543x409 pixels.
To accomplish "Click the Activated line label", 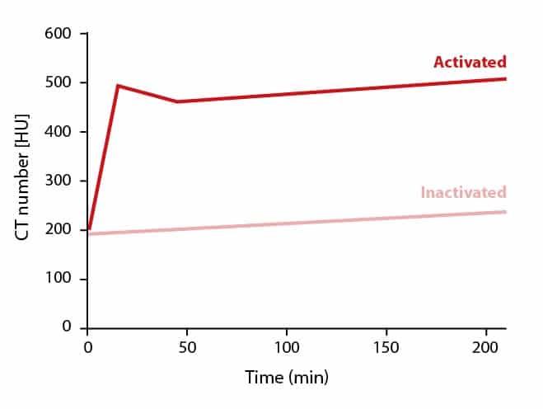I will click(470, 62).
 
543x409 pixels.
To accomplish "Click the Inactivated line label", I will click(463, 193).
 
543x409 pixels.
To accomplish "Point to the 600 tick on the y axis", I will click(61, 34).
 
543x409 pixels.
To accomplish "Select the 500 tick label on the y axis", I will click(61, 82).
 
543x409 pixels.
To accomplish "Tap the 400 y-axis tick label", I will click(61, 132).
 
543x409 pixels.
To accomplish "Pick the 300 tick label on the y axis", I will click(61, 181).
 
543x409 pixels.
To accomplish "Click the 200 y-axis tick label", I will click(61, 230).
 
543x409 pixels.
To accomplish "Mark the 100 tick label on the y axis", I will click(61, 279).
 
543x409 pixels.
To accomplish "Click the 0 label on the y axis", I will click(68, 327).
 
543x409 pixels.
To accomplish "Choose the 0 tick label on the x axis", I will click(87, 347).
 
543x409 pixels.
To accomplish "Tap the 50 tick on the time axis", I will click(187, 347).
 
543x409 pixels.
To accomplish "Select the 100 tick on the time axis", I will click(287, 347).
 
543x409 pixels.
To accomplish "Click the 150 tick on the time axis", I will click(386, 347).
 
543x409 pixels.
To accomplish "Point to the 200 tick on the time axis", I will click(486, 347).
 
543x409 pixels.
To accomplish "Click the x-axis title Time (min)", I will click(286, 378).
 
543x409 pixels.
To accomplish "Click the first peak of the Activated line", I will click(118, 85).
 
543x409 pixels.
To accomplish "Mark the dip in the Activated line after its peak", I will click(177, 101).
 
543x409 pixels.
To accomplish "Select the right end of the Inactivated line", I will click(505, 212).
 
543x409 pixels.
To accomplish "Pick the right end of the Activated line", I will click(505, 79).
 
